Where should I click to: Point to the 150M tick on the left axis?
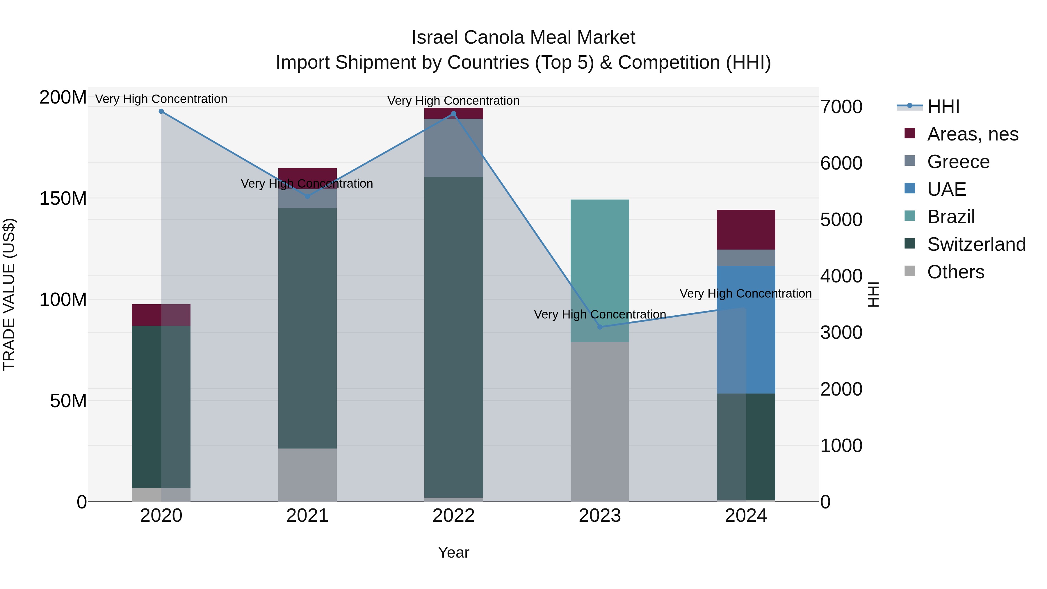coord(63,198)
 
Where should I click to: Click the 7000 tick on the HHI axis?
coord(841,107)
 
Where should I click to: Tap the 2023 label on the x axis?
coord(599,516)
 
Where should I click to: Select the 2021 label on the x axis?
coord(307,516)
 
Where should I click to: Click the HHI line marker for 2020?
coord(161,111)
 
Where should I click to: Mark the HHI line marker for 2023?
coord(600,327)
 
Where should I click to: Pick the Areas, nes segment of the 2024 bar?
coord(746,230)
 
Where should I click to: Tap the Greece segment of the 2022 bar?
coord(454,147)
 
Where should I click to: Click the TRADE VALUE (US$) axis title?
coord(9,294)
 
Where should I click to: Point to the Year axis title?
coord(454,552)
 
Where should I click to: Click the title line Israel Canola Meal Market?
coord(523,38)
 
